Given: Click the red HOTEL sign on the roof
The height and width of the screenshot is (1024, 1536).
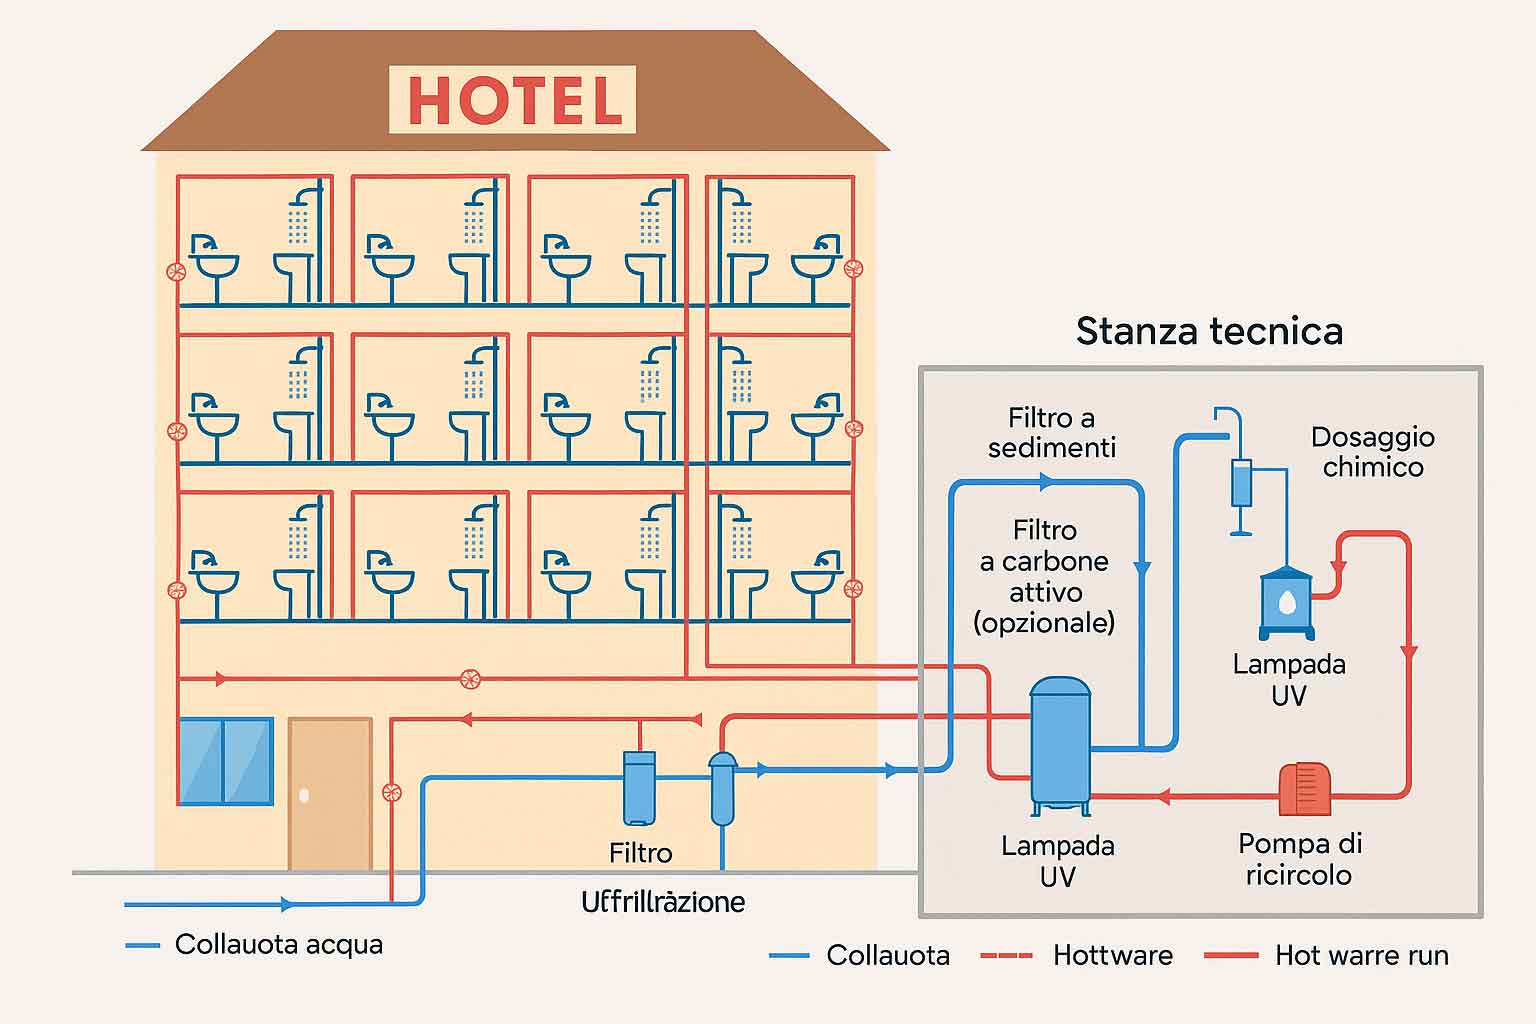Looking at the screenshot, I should tap(513, 100).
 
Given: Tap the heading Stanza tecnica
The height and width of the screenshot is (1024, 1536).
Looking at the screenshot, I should tap(1209, 331).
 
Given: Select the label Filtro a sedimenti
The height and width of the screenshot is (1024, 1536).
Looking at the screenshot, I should tap(1051, 432).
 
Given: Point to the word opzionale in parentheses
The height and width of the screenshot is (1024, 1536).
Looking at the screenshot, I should tap(1044, 623).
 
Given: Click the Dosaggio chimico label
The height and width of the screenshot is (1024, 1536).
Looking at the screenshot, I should tap(1372, 452).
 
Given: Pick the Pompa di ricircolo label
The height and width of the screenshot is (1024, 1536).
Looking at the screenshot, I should tap(1299, 859).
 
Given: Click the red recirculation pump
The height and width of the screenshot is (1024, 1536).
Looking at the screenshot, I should tap(1305, 789).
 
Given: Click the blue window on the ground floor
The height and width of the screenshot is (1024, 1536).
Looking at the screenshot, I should tap(225, 761).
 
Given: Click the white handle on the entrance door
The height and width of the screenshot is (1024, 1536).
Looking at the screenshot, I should tap(304, 796).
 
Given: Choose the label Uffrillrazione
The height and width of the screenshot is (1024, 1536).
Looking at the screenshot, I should tap(663, 902).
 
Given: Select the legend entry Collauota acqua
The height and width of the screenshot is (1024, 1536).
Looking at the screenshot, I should tap(278, 945).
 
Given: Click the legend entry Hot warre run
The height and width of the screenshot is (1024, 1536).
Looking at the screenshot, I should tap(1361, 956).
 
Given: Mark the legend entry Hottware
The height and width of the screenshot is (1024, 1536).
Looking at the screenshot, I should tap(1112, 956).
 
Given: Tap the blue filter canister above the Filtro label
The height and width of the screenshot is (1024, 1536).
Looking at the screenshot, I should tap(640, 787).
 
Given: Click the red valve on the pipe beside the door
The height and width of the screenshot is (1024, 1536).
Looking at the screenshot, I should tap(392, 793).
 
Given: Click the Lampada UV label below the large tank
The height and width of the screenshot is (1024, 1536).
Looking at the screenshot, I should tap(1057, 861).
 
